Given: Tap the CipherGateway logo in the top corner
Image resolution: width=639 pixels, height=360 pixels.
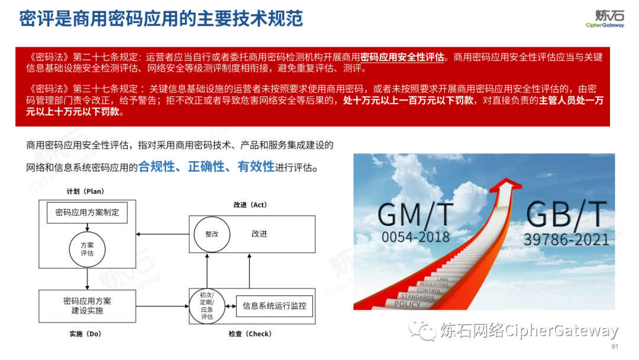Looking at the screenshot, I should click(x=604, y=19).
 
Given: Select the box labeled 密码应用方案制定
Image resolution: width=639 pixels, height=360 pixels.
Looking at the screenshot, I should click(x=87, y=212).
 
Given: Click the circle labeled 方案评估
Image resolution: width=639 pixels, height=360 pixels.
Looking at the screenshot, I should click(x=87, y=249).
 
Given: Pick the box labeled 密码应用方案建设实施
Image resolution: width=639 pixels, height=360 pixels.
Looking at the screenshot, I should click(x=87, y=306).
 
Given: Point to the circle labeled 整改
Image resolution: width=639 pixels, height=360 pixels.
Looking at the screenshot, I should click(x=212, y=234).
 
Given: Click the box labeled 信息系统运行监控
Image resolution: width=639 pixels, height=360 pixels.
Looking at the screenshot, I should click(x=275, y=306).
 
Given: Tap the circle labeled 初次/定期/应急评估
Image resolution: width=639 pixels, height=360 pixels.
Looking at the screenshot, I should click(x=207, y=306).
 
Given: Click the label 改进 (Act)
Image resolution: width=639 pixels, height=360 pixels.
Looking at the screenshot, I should click(x=250, y=205).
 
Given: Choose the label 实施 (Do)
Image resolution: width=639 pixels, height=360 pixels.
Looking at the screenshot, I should click(x=85, y=334).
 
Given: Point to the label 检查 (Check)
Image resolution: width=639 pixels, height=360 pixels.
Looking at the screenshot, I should click(x=250, y=334).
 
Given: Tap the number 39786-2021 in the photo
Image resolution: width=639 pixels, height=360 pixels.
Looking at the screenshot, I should click(x=566, y=240).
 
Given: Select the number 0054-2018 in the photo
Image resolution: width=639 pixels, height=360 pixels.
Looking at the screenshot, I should click(x=415, y=237).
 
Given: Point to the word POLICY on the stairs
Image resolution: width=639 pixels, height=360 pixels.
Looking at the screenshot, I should click(x=407, y=304).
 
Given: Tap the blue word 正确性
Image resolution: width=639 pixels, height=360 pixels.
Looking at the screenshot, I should click(x=209, y=166).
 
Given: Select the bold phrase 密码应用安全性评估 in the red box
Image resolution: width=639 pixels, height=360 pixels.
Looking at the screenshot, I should click(x=402, y=57).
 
